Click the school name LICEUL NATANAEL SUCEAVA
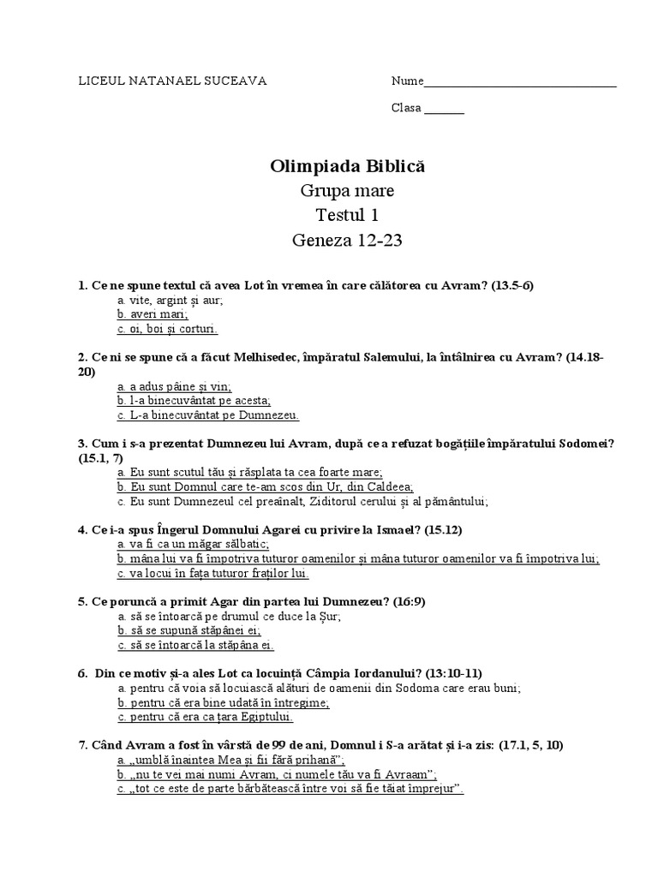[x=172, y=81]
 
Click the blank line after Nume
[x=520, y=84]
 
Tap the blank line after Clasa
[x=444, y=110]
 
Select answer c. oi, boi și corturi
[x=167, y=328]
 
